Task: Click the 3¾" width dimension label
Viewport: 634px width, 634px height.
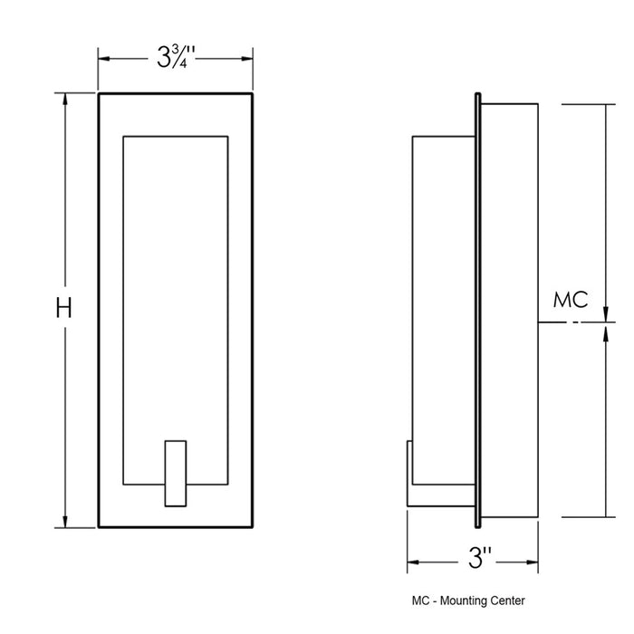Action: [x=175, y=59]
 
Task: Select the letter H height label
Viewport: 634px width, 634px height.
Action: [x=64, y=309]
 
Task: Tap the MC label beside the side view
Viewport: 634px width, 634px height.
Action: [x=571, y=300]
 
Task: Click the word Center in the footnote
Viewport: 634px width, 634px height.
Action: [x=505, y=600]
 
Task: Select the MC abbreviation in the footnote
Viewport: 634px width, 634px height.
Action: [x=419, y=600]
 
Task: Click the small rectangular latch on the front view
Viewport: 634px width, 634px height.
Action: [x=175, y=472]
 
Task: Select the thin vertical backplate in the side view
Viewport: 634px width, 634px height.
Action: [x=478, y=308]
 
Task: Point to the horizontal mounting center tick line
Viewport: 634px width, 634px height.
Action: [x=562, y=322]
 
